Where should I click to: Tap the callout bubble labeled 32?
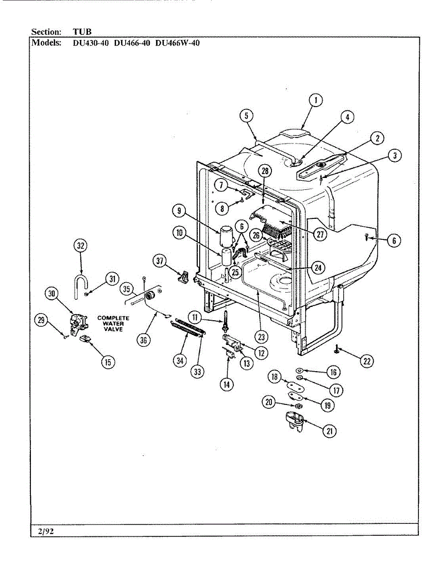point(81,246)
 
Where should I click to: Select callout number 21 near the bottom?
point(329,431)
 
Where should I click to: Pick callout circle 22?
point(366,361)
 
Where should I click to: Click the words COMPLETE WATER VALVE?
point(113,324)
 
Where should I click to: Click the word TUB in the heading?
point(82,32)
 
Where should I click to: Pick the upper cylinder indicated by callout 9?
point(226,237)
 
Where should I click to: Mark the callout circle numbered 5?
point(246,116)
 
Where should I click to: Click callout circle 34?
point(180,361)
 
